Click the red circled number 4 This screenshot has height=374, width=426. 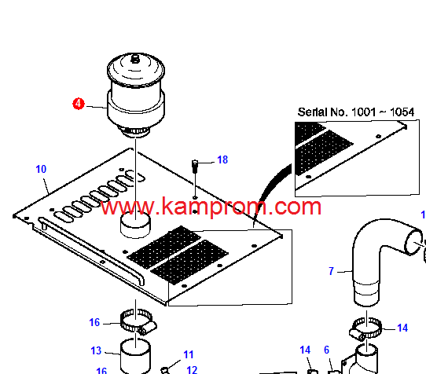tap(79, 104)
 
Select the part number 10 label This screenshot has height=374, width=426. tap(41, 169)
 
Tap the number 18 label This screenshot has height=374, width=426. tap(222, 159)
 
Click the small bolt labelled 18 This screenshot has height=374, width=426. tap(195, 167)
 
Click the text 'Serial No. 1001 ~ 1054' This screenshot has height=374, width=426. tap(356, 112)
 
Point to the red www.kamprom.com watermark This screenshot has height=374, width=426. tap(211, 207)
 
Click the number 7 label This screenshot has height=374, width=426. tap(331, 271)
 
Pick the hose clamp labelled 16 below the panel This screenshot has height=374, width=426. tap(138, 322)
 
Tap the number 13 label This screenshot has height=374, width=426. tap(96, 350)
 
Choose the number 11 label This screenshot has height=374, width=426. tap(189, 354)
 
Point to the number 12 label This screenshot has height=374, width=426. tap(192, 369)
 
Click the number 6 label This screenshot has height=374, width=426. tap(326, 350)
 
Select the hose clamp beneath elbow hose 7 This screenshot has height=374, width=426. tap(365, 328)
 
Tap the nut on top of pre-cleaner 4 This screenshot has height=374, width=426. tap(134, 59)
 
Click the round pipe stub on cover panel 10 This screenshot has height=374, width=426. tap(135, 225)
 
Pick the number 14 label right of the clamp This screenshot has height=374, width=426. tap(402, 328)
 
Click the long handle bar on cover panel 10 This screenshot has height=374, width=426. tap(91, 249)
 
